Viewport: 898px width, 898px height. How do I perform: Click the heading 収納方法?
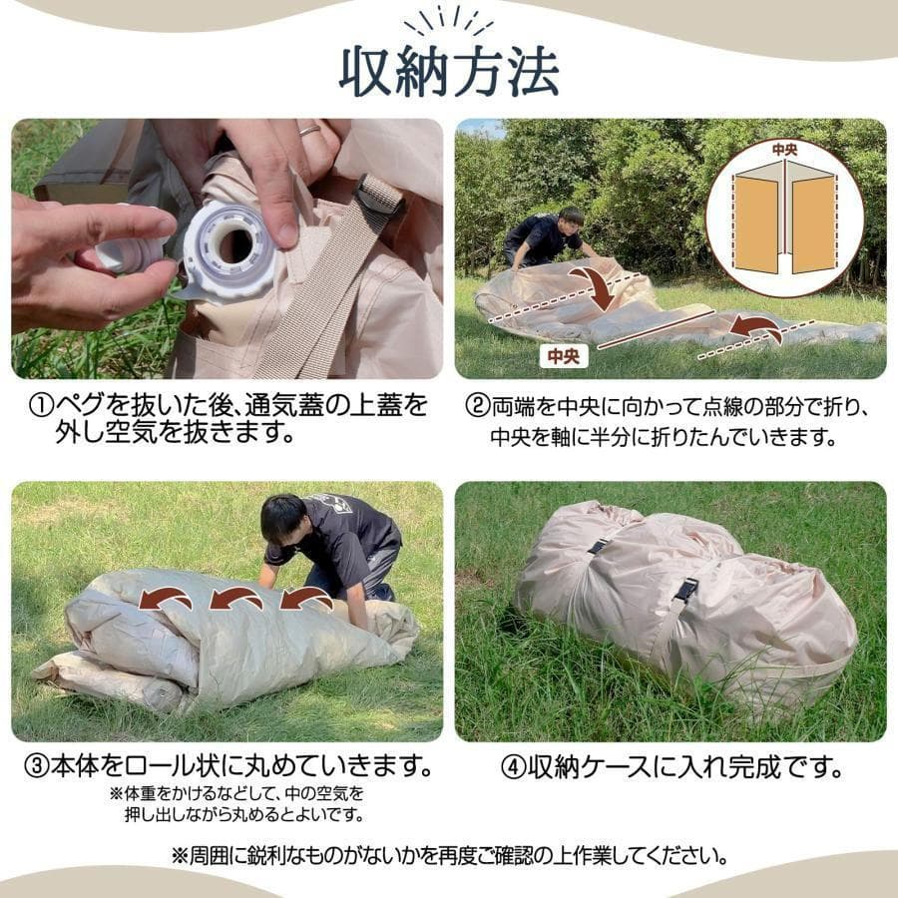449,71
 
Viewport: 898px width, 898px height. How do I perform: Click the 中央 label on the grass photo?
564,354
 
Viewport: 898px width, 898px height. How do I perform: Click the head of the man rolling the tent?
283,519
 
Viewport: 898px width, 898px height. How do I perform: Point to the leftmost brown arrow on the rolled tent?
166,599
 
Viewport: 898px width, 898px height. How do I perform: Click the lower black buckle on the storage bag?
685,590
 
